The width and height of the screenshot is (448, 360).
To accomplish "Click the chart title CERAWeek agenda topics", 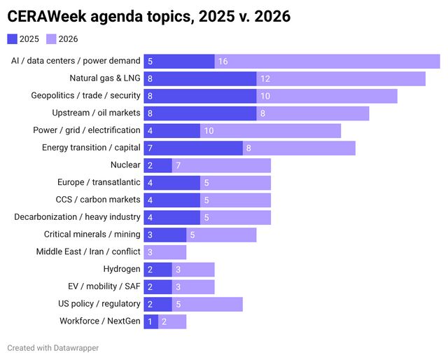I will [x=148, y=15].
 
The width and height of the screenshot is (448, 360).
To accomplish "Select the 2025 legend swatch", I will [x=13, y=39].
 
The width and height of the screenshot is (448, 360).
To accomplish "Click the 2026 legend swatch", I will [x=52, y=39].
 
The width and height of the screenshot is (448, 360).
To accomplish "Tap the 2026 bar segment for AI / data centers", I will [x=327, y=62].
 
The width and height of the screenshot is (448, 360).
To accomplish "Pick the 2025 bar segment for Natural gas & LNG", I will [x=200, y=78].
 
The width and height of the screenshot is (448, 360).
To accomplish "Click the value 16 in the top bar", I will [x=223, y=62].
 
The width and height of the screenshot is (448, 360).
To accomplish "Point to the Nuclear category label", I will [x=125, y=165].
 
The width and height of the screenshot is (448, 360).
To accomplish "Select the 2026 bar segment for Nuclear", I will [x=221, y=165].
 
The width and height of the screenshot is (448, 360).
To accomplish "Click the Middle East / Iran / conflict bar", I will [x=165, y=252].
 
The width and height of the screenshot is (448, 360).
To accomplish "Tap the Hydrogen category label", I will [x=122, y=269].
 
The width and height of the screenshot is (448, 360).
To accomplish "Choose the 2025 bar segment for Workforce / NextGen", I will [x=150, y=321].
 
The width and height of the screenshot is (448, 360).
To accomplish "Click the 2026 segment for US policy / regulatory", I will [x=207, y=304].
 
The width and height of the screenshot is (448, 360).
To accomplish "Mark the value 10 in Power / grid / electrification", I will [x=209, y=130].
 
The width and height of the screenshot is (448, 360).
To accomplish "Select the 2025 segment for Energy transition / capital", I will [x=193, y=148].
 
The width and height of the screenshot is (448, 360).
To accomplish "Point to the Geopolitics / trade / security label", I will [x=86, y=96].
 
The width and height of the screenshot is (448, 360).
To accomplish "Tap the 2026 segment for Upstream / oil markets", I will [x=312, y=113].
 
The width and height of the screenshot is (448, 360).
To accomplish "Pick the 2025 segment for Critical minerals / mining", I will [x=165, y=235].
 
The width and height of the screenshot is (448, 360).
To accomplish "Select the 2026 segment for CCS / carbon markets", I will [x=235, y=200].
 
